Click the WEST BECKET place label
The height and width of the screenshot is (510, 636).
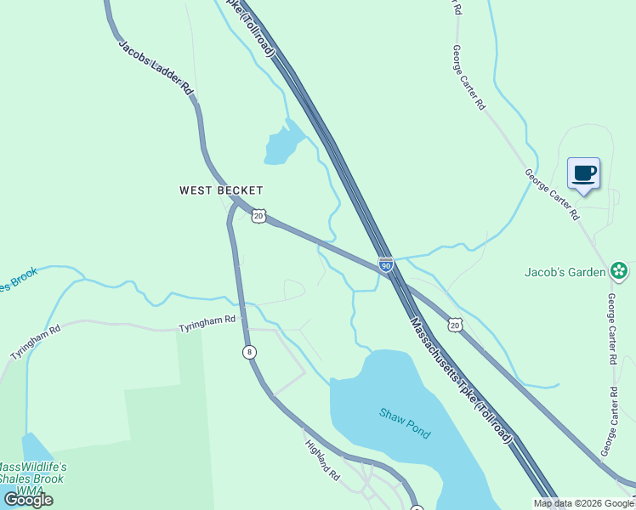(x=221, y=190)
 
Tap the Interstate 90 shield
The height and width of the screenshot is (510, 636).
(x=386, y=265)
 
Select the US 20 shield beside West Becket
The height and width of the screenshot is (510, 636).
(x=259, y=216)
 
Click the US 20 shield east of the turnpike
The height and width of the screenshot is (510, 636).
(x=455, y=325)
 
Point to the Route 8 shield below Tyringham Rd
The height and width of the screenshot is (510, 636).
(x=248, y=351)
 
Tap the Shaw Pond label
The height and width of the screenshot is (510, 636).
(x=405, y=422)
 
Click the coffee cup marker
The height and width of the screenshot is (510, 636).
(x=583, y=174)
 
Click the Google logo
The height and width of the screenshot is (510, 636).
(x=28, y=500)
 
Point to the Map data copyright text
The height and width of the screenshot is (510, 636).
(x=583, y=503)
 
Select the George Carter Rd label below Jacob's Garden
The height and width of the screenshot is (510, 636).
(x=611, y=330)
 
